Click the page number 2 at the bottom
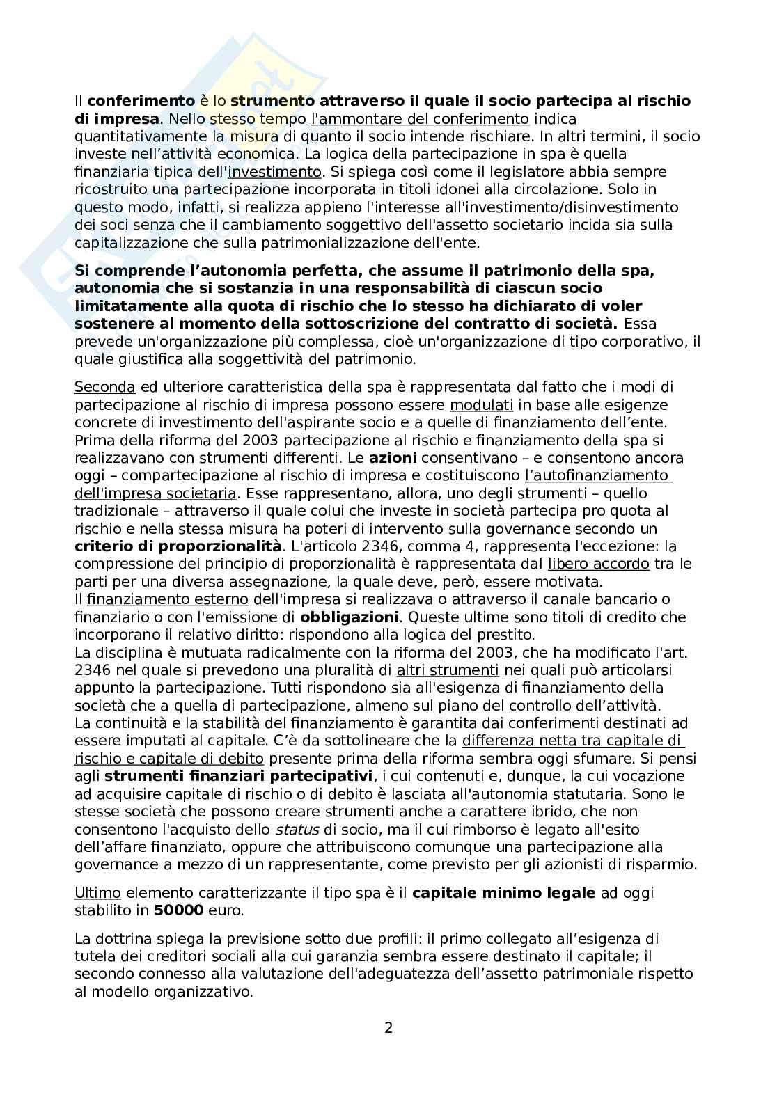[388, 1027]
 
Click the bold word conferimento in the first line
[141, 101]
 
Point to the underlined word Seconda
[104, 387]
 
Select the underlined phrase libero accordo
[599, 564]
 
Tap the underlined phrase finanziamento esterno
[168, 599]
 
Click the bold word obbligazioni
[350, 617]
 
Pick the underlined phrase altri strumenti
[448, 670]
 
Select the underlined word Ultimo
[97, 893]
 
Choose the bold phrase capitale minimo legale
[504, 893]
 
